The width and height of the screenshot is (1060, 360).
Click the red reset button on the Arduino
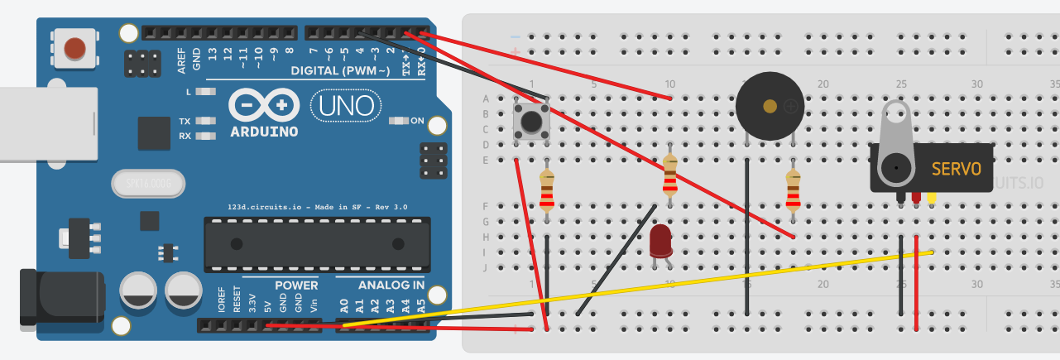(x=74, y=47)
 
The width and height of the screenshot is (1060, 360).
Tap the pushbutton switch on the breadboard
(x=531, y=120)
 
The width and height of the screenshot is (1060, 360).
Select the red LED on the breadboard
(x=660, y=242)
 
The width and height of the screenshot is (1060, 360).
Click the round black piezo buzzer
(x=770, y=106)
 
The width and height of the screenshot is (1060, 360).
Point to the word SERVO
(x=956, y=169)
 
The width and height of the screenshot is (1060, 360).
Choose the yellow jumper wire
(x=662, y=286)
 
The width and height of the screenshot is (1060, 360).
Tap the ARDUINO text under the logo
(x=265, y=132)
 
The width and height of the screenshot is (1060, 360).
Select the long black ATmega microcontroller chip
(x=318, y=244)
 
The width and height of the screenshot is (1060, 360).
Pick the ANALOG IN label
(x=391, y=286)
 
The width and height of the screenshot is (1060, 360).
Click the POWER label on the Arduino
(x=296, y=286)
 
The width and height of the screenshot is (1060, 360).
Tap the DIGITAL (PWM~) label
(x=340, y=71)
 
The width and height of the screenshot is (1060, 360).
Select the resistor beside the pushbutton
(x=547, y=191)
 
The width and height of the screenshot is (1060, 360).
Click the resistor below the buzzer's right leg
(x=793, y=190)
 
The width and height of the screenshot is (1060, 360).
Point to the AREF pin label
(x=181, y=60)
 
